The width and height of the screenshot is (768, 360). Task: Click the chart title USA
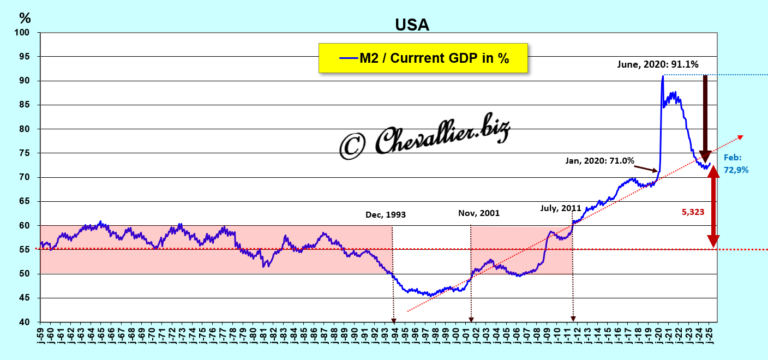[412, 25]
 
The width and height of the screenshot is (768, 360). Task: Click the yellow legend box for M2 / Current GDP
[423, 58]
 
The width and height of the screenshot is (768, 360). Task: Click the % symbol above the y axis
[25, 17]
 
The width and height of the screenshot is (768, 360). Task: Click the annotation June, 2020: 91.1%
[658, 64]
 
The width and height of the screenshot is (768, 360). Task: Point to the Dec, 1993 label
[386, 215]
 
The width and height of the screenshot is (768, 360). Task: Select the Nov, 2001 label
[479, 213]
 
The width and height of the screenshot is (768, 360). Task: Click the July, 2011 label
[561, 208]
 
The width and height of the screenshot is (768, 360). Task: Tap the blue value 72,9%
[736, 170]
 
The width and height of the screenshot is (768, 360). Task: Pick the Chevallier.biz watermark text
[425, 139]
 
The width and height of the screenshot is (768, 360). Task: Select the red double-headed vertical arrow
[713, 206]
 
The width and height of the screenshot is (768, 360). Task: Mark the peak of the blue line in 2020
[663, 76]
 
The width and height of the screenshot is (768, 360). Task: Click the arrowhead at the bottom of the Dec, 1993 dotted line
[393, 320]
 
